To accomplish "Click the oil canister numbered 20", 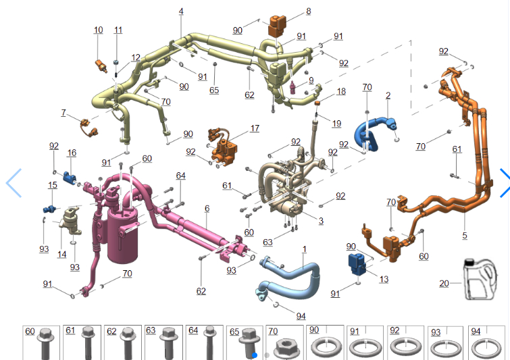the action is (x=480, y=279).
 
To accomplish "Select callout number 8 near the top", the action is (x=308, y=11).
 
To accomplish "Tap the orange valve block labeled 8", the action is (x=277, y=26).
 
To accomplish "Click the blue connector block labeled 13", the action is (x=357, y=264).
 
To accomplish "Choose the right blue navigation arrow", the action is (x=505, y=182).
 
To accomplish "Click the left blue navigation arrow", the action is (x=14, y=183).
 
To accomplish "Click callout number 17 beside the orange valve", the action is (x=255, y=128).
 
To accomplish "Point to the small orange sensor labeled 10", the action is (x=101, y=66).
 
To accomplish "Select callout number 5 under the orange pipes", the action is (x=465, y=236).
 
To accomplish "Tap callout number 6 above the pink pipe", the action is (x=207, y=209).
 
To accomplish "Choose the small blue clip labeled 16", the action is (x=70, y=177).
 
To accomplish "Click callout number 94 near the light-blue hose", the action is (x=301, y=316).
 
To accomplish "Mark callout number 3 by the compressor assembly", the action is (x=321, y=221).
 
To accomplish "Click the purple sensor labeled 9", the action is (x=292, y=87).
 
